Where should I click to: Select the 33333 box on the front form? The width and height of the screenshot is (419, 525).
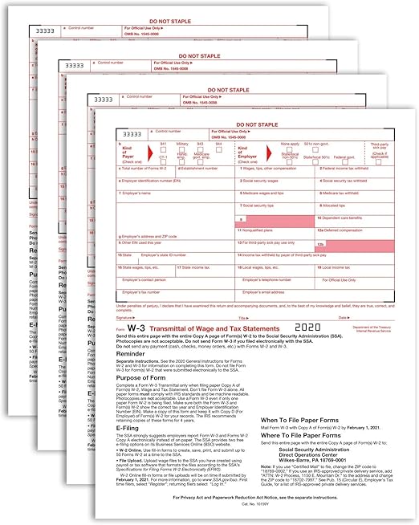click(132, 134)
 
